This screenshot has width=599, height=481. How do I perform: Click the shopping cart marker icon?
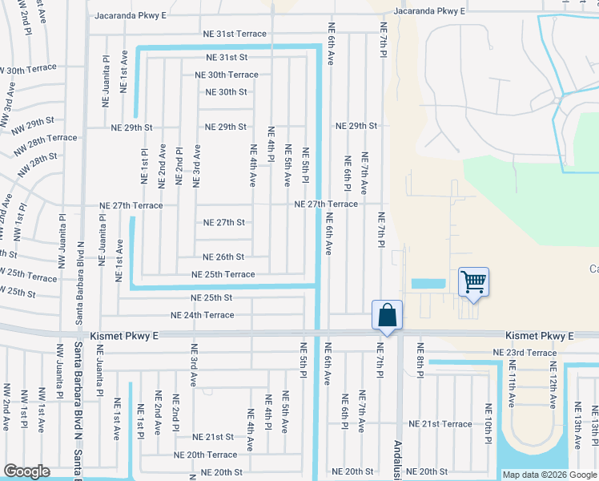(473, 282)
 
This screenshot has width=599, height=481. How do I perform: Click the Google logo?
(26, 471)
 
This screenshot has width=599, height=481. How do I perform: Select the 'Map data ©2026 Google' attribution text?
(549, 475)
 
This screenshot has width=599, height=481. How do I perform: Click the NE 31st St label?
(227, 58)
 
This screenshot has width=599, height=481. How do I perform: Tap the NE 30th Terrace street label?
(227, 75)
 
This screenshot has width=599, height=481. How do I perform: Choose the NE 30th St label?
(226, 91)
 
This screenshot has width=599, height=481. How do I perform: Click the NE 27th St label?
(223, 222)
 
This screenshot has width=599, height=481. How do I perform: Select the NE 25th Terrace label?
(223, 274)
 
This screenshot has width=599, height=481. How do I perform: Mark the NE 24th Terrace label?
(202, 315)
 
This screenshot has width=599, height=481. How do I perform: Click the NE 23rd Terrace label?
(525, 353)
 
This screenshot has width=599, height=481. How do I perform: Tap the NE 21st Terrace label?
(440, 423)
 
